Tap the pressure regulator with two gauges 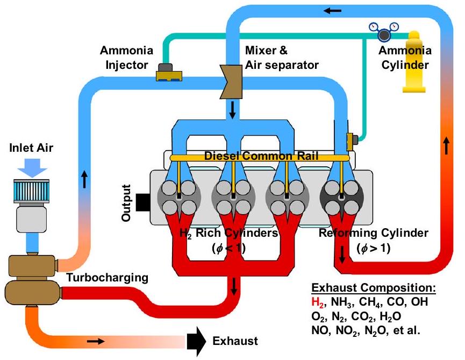coord(383,33)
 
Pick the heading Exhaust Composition coord(374,288)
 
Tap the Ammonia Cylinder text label coord(404,58)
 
